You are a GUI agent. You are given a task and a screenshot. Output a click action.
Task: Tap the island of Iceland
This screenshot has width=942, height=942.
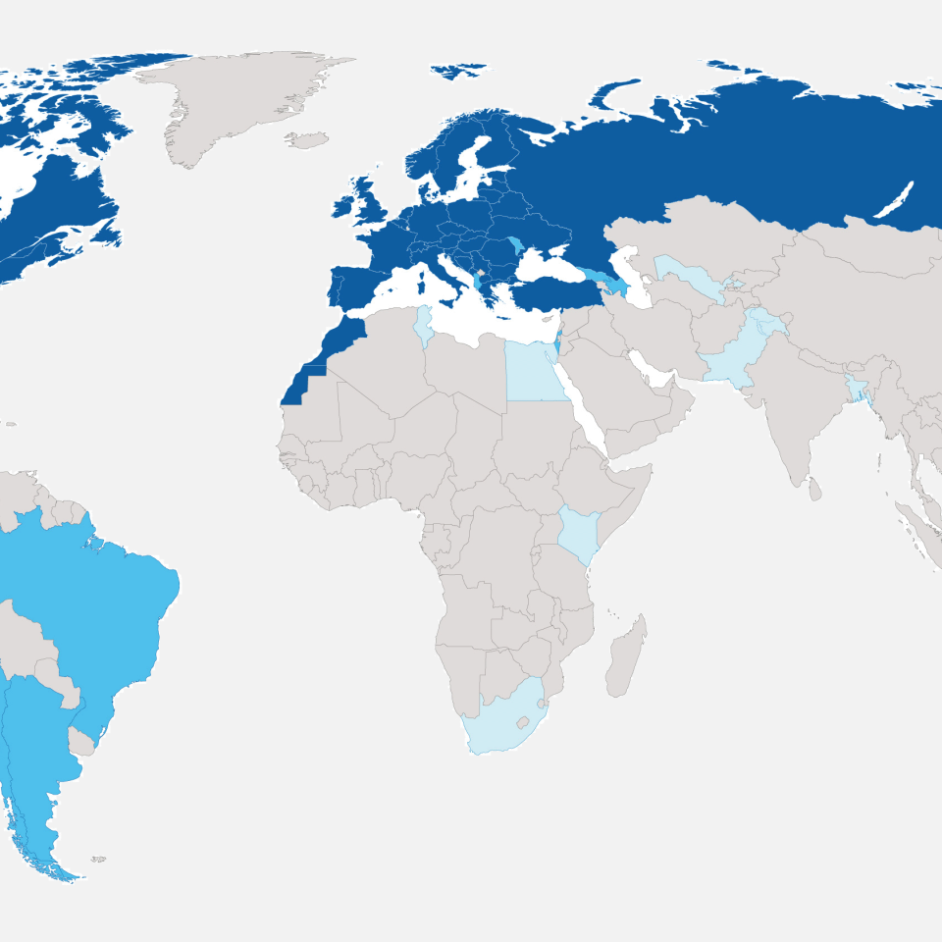pyautogui.click(x=309, y=140)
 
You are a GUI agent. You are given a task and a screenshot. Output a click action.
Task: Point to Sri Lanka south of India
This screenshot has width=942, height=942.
pyautogui.click(x=814, y=489)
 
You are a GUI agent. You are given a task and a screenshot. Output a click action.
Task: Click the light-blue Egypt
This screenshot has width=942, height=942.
pyautogui.click(x=535, y=373)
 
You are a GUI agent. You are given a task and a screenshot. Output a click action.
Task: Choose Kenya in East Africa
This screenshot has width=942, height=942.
pyautogui.click(x=579, y=535)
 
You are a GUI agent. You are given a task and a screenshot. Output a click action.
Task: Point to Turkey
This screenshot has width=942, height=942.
pyautogui.click(x=554, y=291)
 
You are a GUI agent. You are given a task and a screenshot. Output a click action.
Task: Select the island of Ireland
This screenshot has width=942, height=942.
pyautogui.click(x=345, y=206)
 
